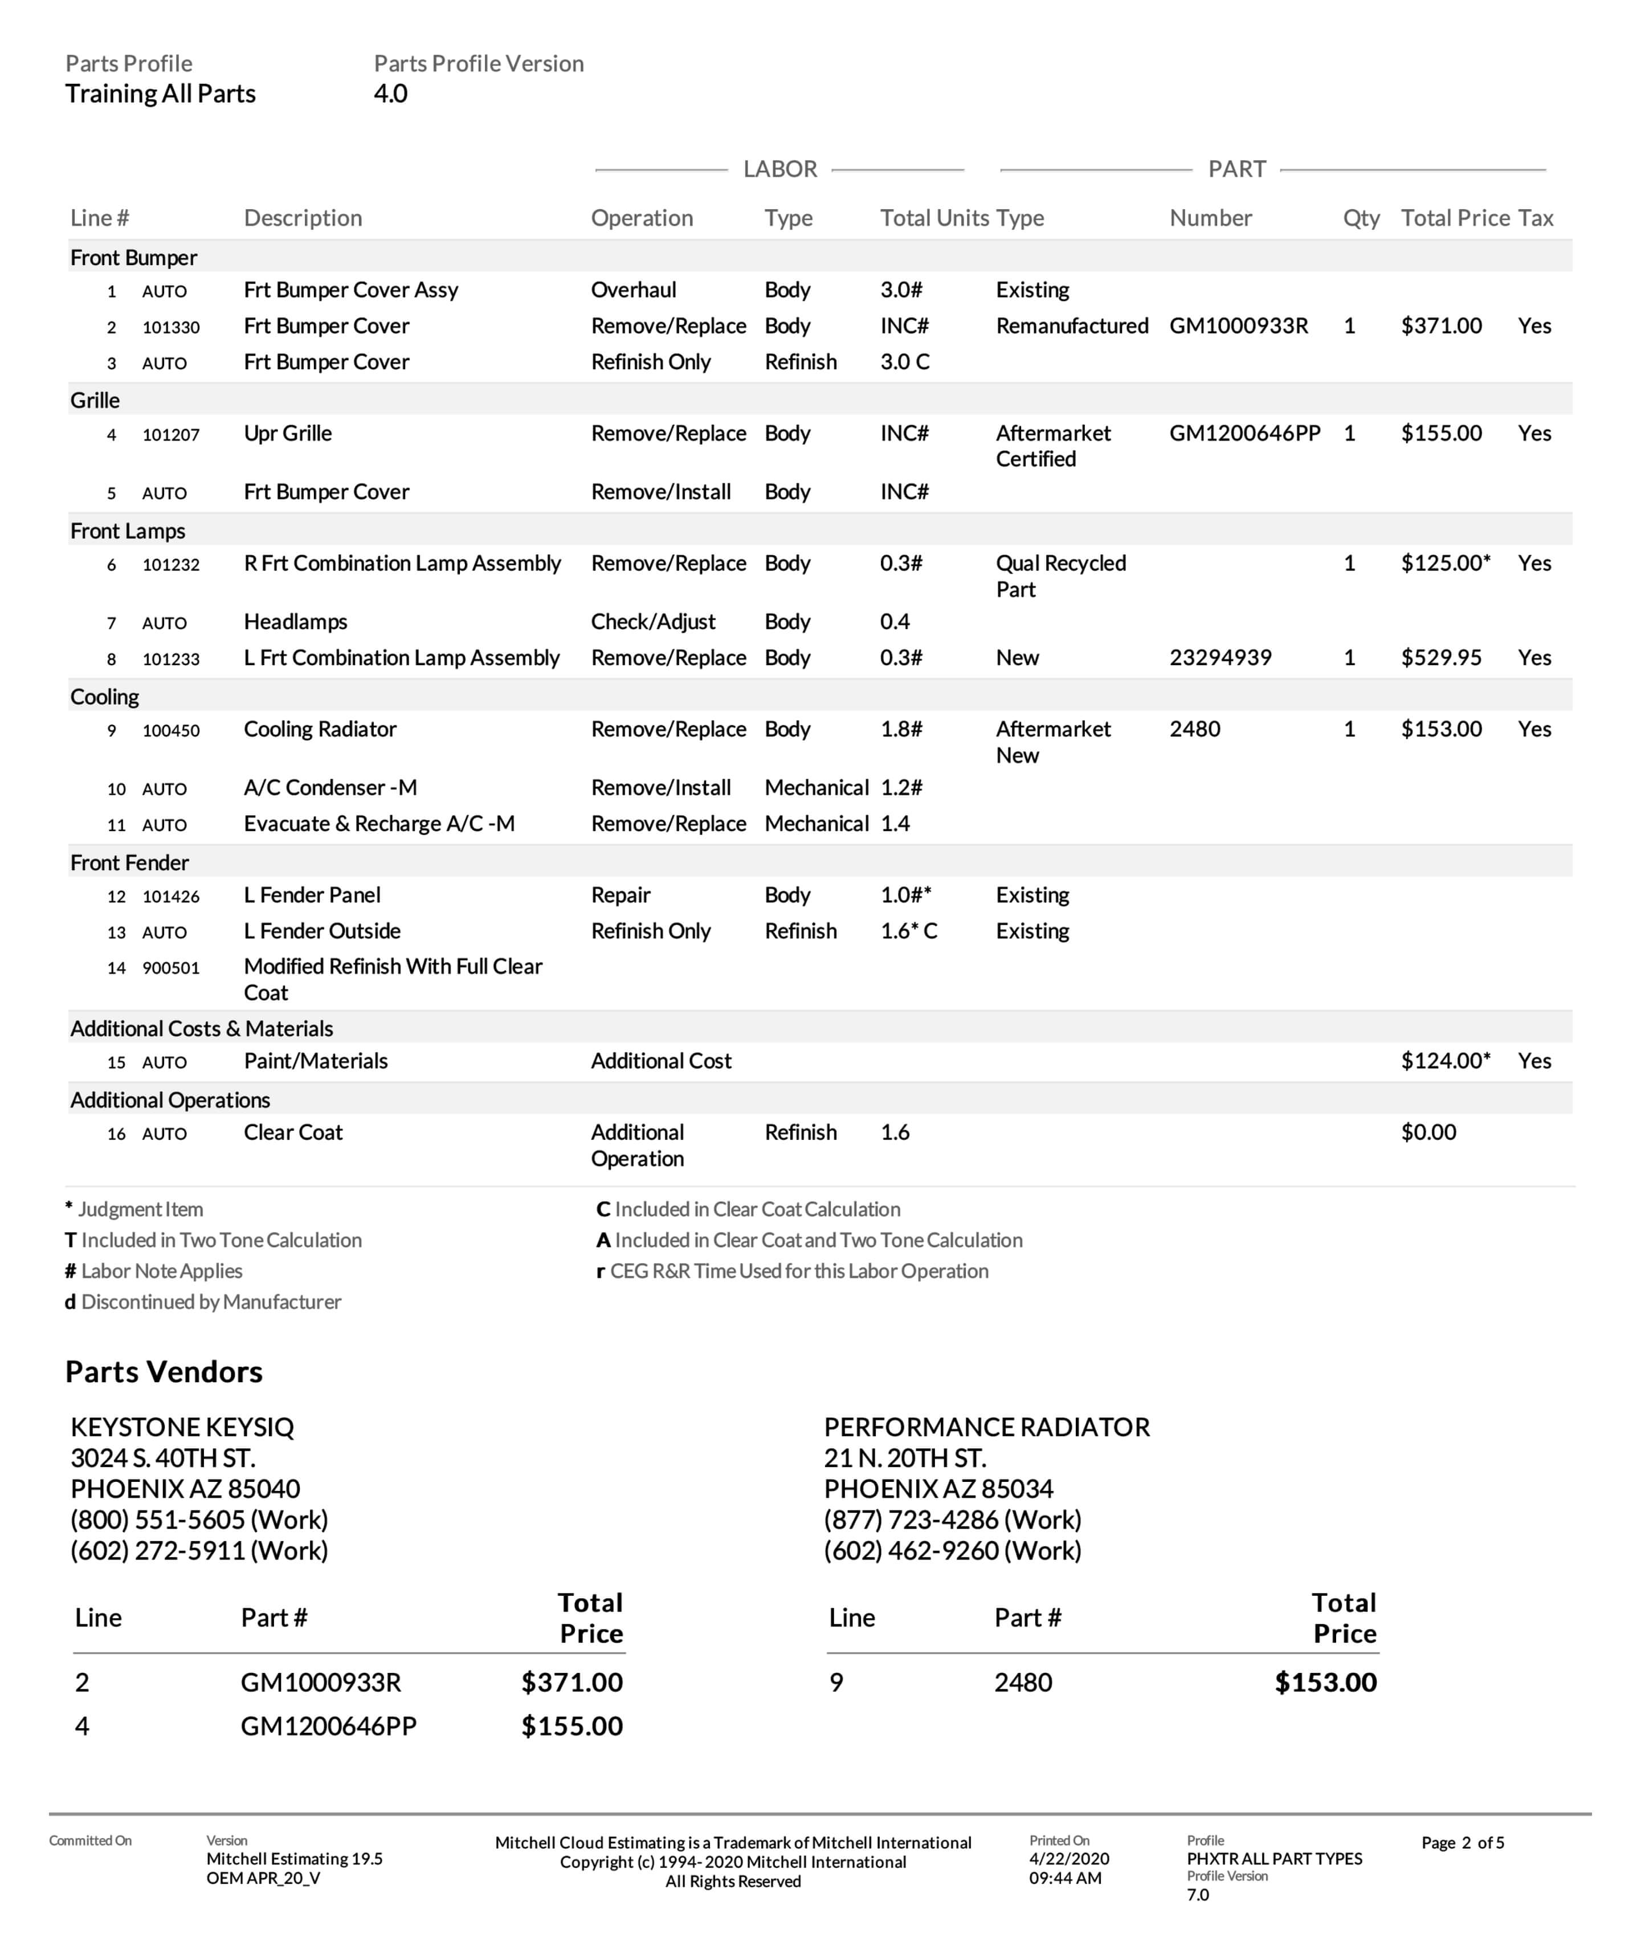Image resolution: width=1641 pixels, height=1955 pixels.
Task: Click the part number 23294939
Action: pos(1219,658)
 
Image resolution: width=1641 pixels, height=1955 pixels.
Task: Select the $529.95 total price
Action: pos(1441,658)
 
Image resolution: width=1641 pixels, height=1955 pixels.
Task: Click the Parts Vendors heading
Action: pos(164,1372)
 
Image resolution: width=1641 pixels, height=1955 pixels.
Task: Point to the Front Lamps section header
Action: pos(128,532)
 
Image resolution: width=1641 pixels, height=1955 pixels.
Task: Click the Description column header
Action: pos(303,219)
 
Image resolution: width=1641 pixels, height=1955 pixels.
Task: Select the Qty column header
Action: pos(1361,219)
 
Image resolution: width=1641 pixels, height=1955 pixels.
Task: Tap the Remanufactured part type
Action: pos(1071,327)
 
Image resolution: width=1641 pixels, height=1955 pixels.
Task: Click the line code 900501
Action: pos(170,969)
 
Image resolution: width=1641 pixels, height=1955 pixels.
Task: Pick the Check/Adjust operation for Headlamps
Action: pos(652,622)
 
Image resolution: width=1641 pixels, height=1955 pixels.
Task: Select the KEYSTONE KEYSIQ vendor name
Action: pos(182,1427)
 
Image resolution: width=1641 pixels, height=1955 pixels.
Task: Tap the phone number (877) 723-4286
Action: pos(952,1520)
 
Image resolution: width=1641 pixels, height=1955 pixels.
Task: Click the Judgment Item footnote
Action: pos(140,1209)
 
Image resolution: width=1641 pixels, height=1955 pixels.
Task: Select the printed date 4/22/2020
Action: pos(1068,1859)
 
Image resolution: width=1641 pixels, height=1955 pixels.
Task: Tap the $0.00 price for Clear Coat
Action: pos(1428,1133)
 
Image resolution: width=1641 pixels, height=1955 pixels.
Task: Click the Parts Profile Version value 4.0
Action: pos(390,94)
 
